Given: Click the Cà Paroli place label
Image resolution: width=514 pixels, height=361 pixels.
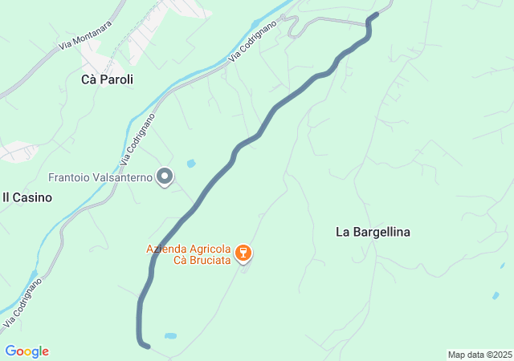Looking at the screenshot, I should click(107, 79).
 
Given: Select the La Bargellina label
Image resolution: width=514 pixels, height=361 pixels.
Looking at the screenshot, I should click(373, 232).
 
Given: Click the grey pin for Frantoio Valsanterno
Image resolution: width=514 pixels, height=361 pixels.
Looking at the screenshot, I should click(165, 176).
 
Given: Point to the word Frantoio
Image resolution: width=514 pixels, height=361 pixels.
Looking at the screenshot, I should click(71, 177).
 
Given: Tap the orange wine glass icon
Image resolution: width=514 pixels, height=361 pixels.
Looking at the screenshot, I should click(244, 254).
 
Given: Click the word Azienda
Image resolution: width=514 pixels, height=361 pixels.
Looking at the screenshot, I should click(166, 248).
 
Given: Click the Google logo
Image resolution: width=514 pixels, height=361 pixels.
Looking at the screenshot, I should click(27, 351).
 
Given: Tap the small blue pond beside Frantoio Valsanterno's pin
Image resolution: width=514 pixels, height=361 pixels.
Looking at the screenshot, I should click(191, 164).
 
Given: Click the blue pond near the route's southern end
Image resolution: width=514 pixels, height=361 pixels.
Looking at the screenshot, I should click(170, 335).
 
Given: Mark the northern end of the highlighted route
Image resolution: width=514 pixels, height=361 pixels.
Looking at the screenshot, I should click(376, 15).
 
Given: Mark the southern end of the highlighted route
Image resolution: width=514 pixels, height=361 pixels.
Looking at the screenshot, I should click(147, 346).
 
